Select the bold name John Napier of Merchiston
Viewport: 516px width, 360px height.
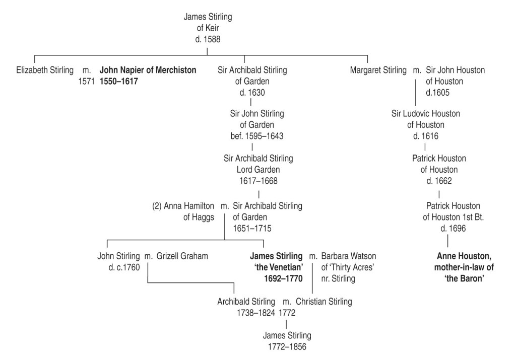coord(148,70)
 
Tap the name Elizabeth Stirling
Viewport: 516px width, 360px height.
coord(45,70)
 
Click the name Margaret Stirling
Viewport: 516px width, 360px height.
coord(378,70)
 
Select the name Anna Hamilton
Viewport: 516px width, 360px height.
coord(188,206)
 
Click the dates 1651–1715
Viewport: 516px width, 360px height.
coord(252,228)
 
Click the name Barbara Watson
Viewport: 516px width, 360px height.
coord(349,256)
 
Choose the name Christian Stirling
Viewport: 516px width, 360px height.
coord(324,302)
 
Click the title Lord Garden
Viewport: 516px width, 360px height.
coord(258,169)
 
